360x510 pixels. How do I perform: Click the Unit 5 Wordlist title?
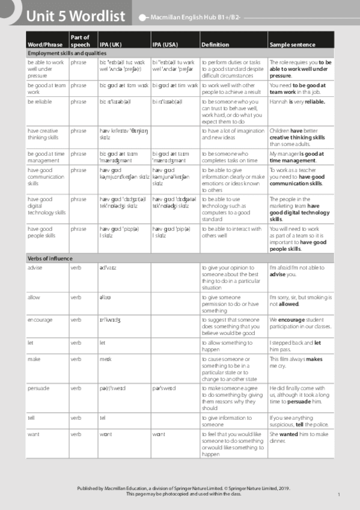pyautogui.click(x=75, y=16)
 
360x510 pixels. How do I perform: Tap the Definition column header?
pyautogui.click(x=215, y=45)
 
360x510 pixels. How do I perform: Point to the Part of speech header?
pyautogui.click(x=80, y=41)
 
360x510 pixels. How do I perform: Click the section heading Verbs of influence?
pyautogui.click(x=50, y=258)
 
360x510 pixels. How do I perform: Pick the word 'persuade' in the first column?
pyautogui.click(x=38, y=388)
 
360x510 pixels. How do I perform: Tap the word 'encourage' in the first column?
pyautogui.click(x=40, y=319)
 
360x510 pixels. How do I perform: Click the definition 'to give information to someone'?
pyautogui.click(x=223, y=420)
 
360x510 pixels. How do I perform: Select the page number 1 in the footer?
pyautogui.click(x=339, y=494)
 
